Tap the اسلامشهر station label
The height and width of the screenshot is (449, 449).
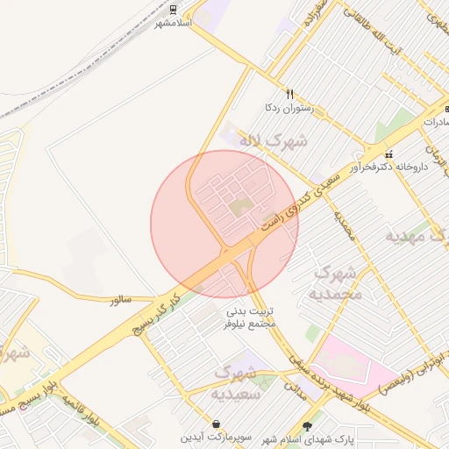tap(173, 23)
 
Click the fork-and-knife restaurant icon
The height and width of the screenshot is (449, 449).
tap(289, 94)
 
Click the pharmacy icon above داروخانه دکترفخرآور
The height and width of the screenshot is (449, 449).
tap(388, 153)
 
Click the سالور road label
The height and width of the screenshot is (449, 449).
tap(121, 300)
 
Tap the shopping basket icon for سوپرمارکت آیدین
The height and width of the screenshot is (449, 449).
tap(216, 424)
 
